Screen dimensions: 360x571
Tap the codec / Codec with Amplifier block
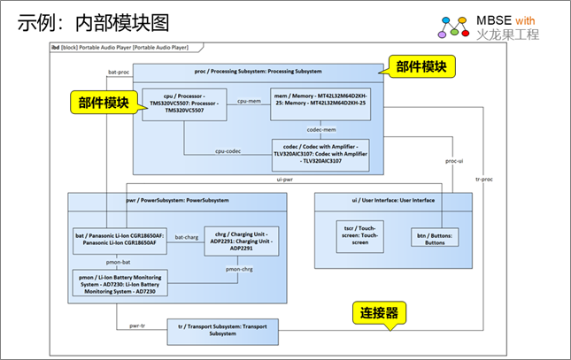pos(320,153)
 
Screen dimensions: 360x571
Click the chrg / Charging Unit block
pos(241,241)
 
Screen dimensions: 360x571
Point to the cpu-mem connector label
pos(251,103)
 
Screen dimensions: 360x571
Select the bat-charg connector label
pos(186,237)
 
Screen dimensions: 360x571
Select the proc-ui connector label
pos(452,161)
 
